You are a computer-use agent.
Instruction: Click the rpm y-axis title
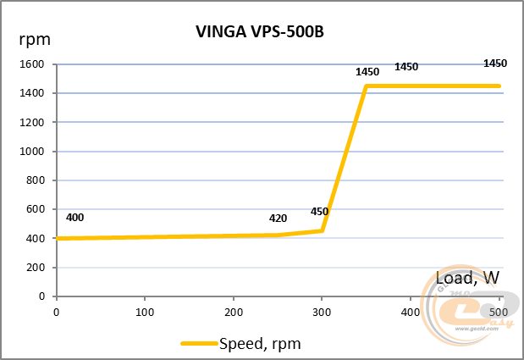point(34,40)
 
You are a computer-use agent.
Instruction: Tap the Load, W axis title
point(468,276)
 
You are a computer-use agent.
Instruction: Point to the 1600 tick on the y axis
point(32,64)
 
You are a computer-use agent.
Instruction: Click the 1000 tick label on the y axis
point(32,152)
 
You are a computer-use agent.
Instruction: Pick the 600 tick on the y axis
point(35,210)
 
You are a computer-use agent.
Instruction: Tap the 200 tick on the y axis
point(35,268)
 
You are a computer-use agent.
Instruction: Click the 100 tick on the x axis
point(145,313)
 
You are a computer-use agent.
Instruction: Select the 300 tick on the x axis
point(322,313)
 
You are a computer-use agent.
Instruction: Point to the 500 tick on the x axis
point(499,313)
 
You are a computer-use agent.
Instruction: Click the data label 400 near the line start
point(74,218)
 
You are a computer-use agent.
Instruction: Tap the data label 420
point(278,218)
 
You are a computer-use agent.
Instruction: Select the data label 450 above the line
point(319,212)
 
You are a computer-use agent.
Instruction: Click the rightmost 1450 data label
point(494,64)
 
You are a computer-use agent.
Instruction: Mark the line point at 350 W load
point(366,86)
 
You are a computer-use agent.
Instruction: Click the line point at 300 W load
point(322,230)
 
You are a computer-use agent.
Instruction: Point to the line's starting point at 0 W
point(57,238)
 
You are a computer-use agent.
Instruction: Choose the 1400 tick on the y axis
point(32,93)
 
